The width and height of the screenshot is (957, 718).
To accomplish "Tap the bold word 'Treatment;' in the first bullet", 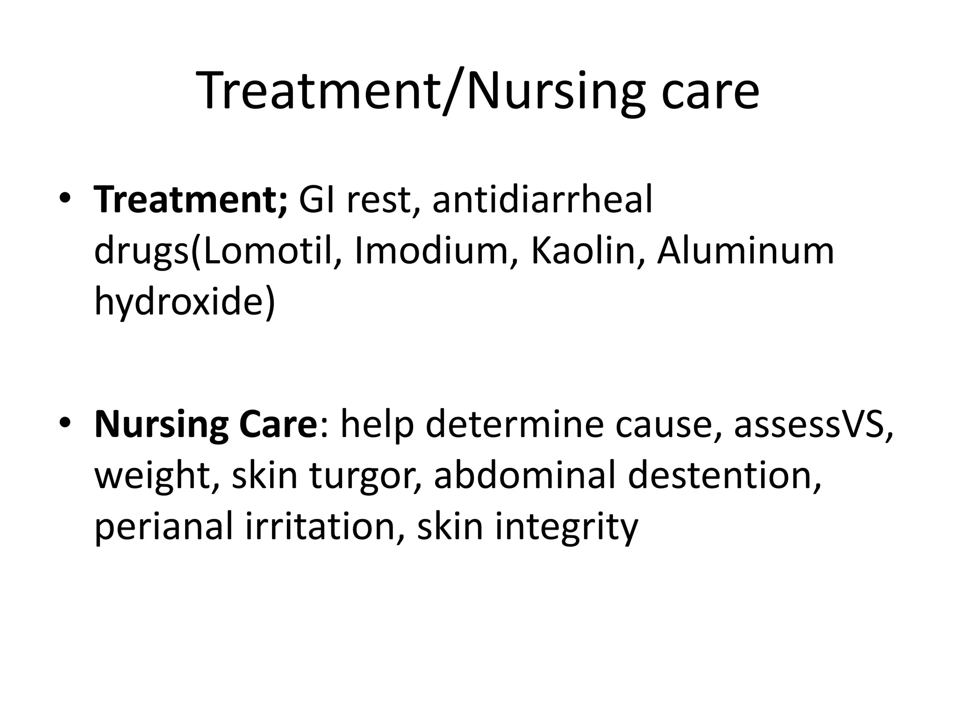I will click(x=191, y=200).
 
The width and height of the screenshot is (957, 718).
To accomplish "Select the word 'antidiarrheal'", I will click(x=542, y=200).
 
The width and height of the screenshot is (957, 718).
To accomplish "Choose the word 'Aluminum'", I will click(x=745, y=251).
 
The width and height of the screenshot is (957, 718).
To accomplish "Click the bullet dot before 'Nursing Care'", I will click(x=65, y=423).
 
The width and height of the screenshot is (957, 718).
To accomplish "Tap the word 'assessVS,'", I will click(x=814, y=424).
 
